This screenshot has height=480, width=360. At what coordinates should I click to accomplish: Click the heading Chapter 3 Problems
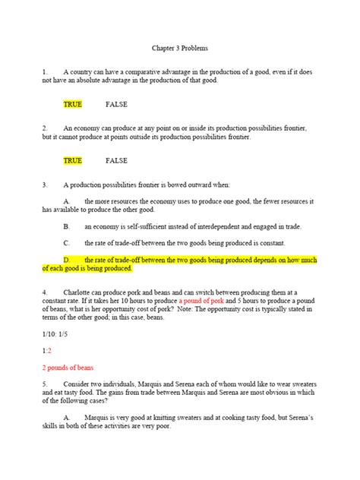tap(179, 46)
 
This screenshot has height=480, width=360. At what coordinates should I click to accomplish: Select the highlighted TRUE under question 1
tap(73, 104)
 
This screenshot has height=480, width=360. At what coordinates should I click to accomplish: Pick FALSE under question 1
tap(116, 104)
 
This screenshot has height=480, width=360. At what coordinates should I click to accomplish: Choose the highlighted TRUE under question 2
tap(73, 161)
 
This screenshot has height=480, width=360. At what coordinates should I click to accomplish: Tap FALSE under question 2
tap(116, 161)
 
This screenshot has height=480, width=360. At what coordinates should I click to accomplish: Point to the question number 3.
tap(45, 185)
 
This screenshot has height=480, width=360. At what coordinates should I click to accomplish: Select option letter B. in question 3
tap(67, 226)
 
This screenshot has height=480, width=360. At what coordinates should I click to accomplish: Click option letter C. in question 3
tap(67, 243)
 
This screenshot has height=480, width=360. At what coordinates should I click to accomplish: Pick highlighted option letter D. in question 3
tap(67, 260)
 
